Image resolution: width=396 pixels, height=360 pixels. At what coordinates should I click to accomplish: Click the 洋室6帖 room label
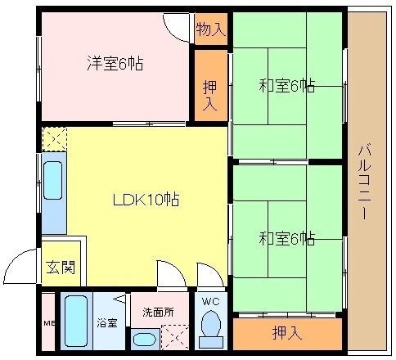(115, 63)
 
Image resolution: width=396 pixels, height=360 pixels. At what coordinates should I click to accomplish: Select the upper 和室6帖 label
(287, 84)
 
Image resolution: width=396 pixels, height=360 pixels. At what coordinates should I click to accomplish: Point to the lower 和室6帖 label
(287, 238)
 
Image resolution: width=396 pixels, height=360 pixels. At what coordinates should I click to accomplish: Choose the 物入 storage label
(211, 30)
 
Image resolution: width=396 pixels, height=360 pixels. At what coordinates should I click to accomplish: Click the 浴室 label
(106, 322)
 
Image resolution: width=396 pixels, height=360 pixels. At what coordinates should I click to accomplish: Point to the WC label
(210, 302)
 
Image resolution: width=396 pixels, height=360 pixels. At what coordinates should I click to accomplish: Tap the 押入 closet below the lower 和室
(286, 333)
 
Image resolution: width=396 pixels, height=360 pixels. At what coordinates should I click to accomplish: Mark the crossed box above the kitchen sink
(54, 138)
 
